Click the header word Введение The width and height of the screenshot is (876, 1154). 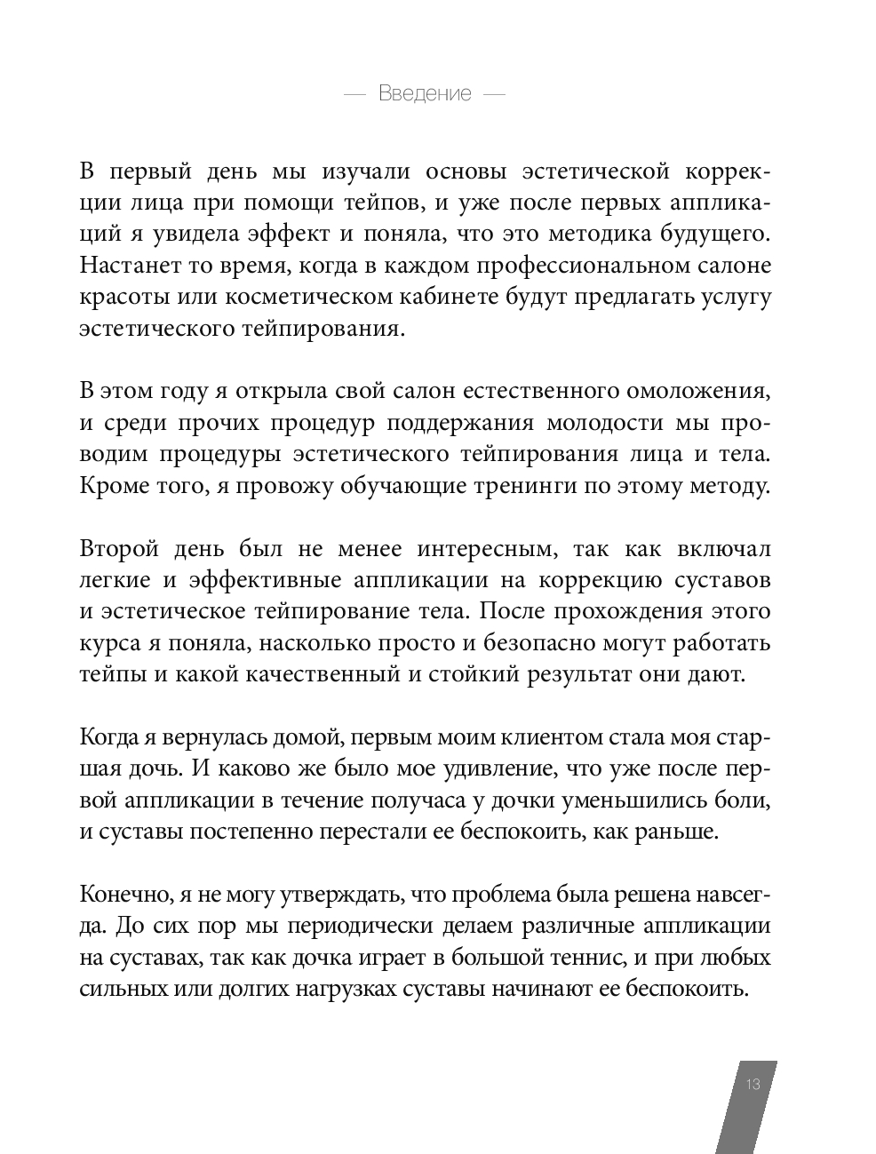pos(425,93)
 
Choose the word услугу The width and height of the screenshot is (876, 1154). pos(734,298)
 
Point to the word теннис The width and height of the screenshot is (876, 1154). pos(555,957)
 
